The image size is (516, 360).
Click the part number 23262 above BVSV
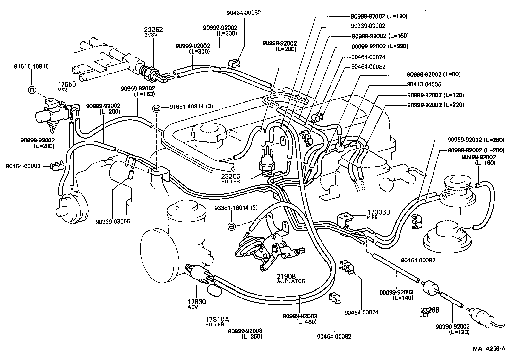[x=153, y=30]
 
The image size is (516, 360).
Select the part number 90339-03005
[x=113, y=221]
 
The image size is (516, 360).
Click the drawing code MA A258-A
[x=488, y=348]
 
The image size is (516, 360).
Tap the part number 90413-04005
[x=424, y=85]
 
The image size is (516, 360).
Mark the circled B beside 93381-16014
[x=231, y=227]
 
